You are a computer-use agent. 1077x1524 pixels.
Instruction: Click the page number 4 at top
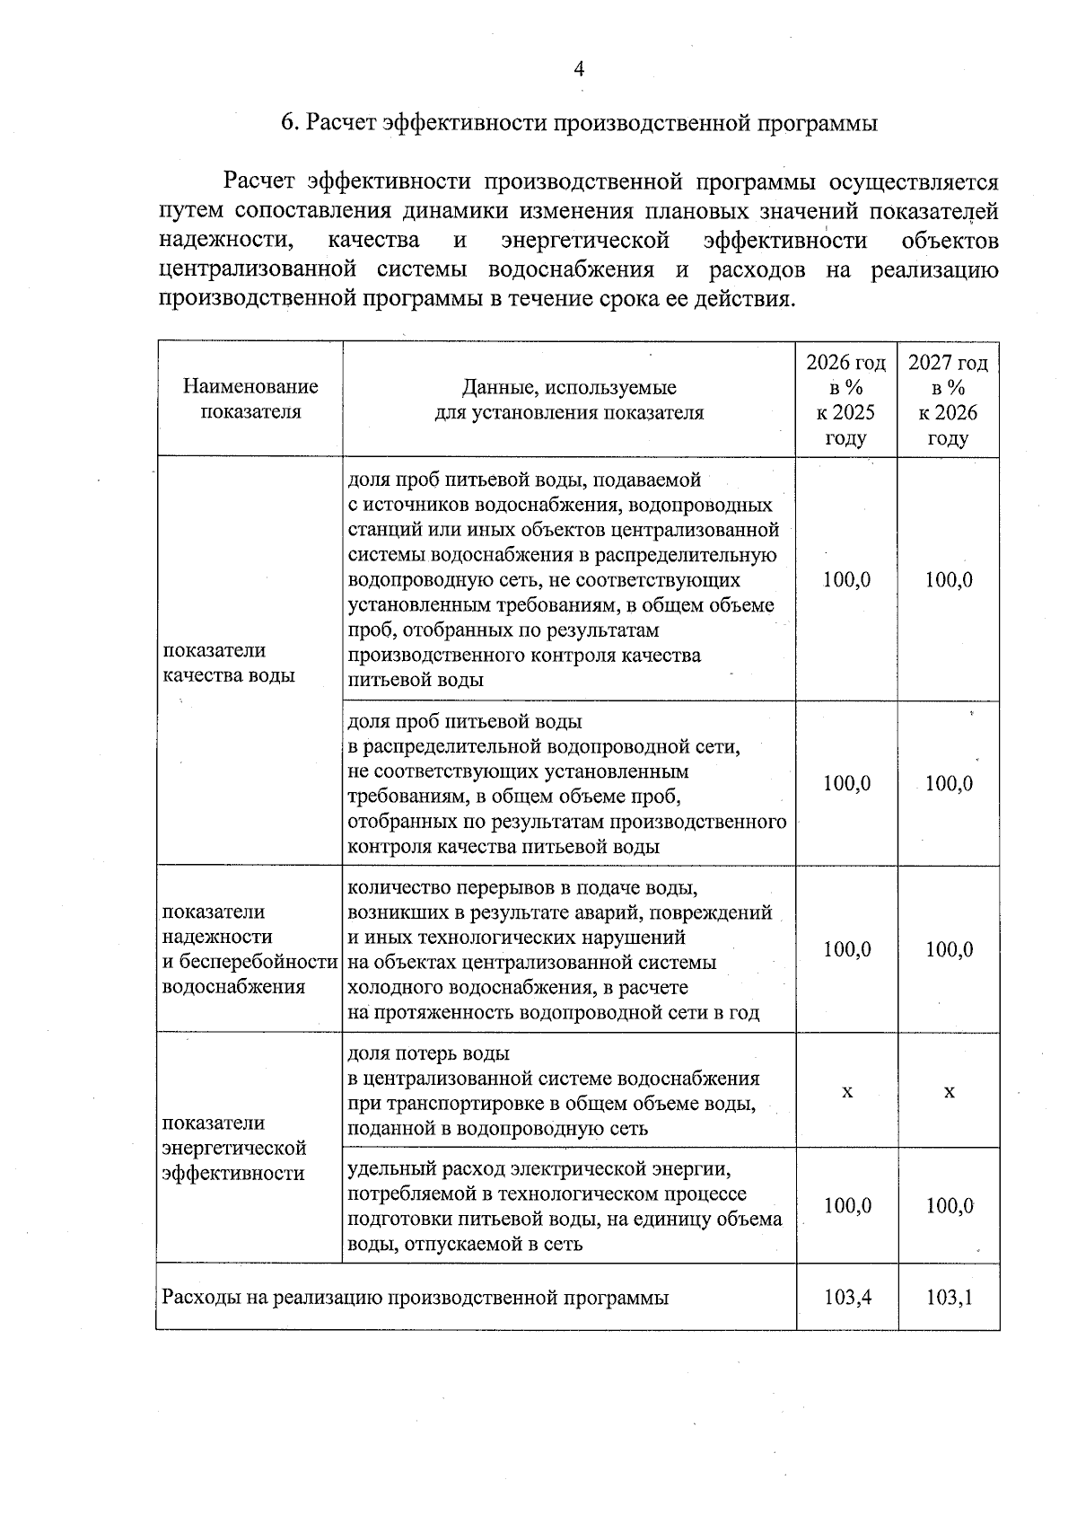tap(579, 69)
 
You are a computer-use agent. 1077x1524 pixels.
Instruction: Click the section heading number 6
tap(288, 124)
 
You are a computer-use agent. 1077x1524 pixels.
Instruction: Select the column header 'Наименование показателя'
tap(250, 400)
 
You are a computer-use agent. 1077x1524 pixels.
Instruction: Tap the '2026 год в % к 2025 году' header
tap(845, 400)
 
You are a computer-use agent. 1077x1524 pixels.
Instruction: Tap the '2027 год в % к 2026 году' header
tap(948, 400)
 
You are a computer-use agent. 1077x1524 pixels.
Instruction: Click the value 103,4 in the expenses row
tap(847, 1297)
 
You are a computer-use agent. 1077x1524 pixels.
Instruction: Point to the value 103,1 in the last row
tap(950, 1297)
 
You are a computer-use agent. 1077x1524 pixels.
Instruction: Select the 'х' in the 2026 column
tap(846, 1091)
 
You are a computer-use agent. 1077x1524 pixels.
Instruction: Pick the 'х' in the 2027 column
tap(949, 1091)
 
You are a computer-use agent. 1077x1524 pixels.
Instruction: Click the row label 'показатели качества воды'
tap(229, 663)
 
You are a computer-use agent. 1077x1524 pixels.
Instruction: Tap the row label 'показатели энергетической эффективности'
tap(233, 1148)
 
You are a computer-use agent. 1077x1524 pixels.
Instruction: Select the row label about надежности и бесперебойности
tap(249, 949)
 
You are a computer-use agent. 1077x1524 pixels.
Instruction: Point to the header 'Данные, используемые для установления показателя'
tap(569, 401)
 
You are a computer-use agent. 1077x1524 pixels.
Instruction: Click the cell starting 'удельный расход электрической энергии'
tap(565, 1206)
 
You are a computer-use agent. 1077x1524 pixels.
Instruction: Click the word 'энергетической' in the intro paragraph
tap(585, 241)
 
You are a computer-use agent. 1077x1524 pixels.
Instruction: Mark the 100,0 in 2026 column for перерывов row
tap(847, 950)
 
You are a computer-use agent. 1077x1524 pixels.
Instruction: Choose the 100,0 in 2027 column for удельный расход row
tap(950, 1206)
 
